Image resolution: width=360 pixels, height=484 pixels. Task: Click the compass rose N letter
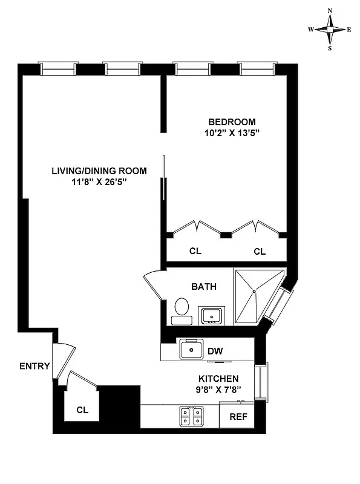(x=330, y=11)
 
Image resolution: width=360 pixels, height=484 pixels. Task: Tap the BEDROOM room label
(x=232, y=121)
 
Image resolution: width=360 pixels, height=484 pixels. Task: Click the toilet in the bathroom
(x=180, y=309)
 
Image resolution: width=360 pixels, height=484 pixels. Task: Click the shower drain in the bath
(x=255, y=292)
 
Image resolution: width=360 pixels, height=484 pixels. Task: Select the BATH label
(x=204, y=286)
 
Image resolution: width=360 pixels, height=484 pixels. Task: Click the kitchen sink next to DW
(x=192, y=350)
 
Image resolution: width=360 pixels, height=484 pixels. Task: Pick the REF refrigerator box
(x=237, y=417)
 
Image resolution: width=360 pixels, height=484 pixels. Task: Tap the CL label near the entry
(x=82, y=410)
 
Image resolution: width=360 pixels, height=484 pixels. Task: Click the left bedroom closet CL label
(x=195, y=251)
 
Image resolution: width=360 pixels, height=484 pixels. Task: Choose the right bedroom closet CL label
(x=260, y=251)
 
